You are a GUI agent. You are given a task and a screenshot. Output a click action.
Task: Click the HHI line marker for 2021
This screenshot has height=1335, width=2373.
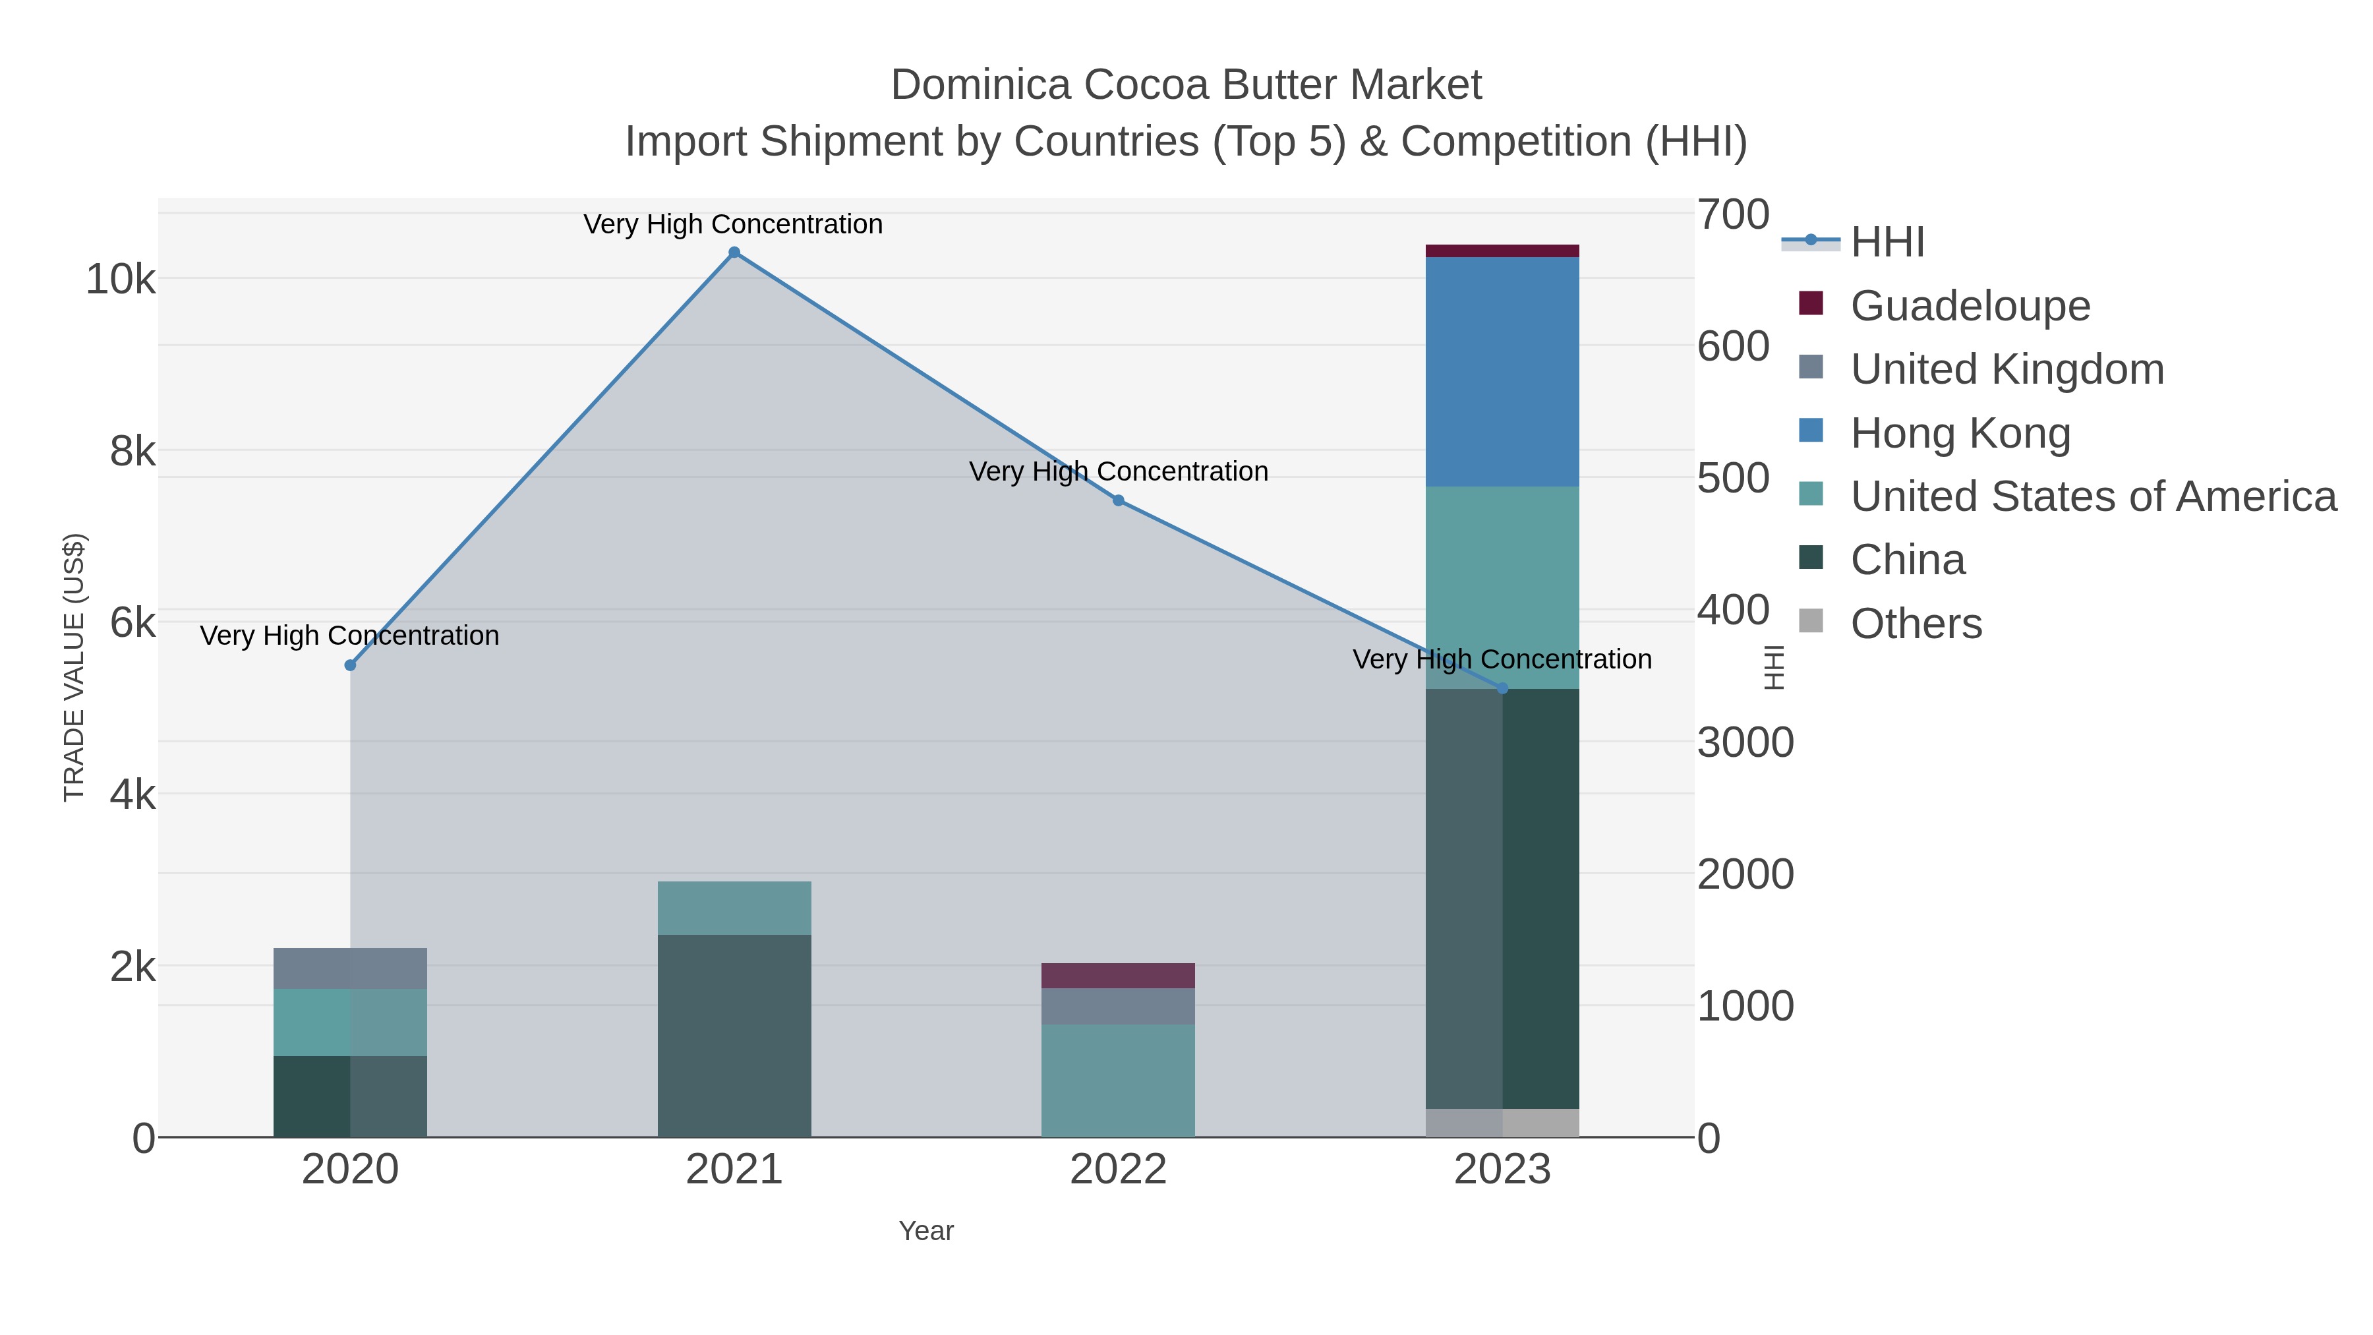(734, 252)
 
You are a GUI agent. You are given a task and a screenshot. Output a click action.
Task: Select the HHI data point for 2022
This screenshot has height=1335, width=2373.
(1119, 500)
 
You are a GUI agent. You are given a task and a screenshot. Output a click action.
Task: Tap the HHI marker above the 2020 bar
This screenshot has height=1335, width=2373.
(350, 665)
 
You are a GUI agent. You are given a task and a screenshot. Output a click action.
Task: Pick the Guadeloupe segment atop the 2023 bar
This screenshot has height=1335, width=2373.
(1502, 251)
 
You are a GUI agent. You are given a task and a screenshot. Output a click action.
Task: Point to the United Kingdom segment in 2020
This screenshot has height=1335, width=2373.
(350, 968)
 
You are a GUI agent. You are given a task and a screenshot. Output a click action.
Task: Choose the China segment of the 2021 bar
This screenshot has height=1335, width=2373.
(734, 1036)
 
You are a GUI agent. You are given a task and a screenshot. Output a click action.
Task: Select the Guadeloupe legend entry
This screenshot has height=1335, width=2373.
(1970, 305)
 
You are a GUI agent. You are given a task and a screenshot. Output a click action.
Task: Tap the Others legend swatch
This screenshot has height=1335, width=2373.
(1811, 622)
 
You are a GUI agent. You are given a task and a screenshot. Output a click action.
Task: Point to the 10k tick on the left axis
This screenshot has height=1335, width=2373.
(121, 279)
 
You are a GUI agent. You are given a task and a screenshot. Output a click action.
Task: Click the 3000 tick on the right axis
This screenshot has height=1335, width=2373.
(1745, 742)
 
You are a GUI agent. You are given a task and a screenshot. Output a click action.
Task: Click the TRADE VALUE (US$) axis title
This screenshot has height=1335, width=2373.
(74, 667)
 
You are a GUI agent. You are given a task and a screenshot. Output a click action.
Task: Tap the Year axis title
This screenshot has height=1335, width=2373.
(926, 1231)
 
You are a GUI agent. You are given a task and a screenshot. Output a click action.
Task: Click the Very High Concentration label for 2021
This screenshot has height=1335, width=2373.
(733, 225)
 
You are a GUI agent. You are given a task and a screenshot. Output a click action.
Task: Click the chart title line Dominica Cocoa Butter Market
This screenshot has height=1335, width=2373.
(1186, 85)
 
